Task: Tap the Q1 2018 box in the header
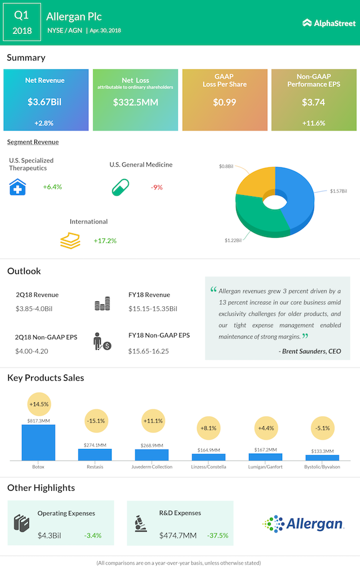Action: pyautogui.click(x=22, y=22)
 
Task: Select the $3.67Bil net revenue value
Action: pyautogui.click(x=46, y=102)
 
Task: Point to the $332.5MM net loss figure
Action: pyautogui.click(x=135, y=102)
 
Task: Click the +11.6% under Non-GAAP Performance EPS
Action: pyautogui.click(x=314, y=123)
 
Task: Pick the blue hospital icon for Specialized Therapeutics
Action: pyautogui.click(x=18, y=187)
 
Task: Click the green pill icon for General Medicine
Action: pyautogui.click(x=120, y=187)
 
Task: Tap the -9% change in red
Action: pyautogui.click(x=157, y=187)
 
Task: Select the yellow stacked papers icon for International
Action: pyautogui.click(x=71, y=240)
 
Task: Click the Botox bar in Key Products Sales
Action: pyautogui.click(x=38, y=442)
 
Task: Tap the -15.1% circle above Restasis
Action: pyautogui.click(x=95, y=421)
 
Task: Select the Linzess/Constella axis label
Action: pyautogui.click(x=208, y=467)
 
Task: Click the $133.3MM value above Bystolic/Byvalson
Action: pyautogui.click(x=322, y=451)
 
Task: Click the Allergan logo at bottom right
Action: pyautogui.click(x=303, y=523)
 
